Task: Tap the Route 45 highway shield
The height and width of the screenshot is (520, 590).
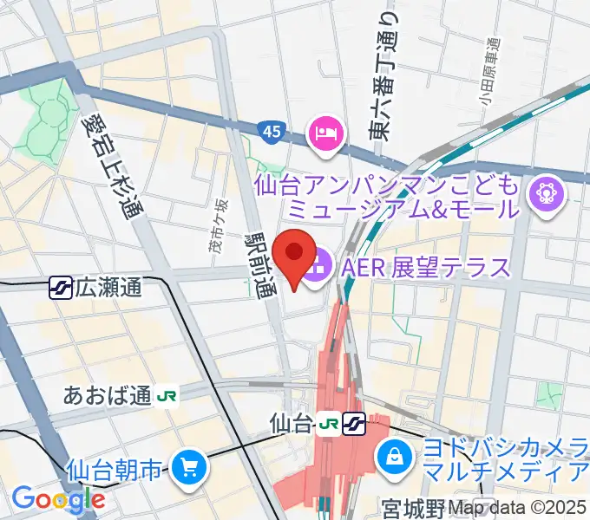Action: pos(271,132)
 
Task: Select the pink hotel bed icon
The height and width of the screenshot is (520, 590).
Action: pos(326,133)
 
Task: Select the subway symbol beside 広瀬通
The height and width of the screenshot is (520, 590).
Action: pos(61,288)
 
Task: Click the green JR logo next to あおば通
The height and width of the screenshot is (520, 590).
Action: pos(167,396)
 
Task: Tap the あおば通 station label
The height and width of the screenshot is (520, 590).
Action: pos(108,396)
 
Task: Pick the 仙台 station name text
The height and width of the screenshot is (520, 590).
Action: pos(291,424)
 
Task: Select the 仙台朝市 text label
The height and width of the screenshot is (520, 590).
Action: pos(114,471)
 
